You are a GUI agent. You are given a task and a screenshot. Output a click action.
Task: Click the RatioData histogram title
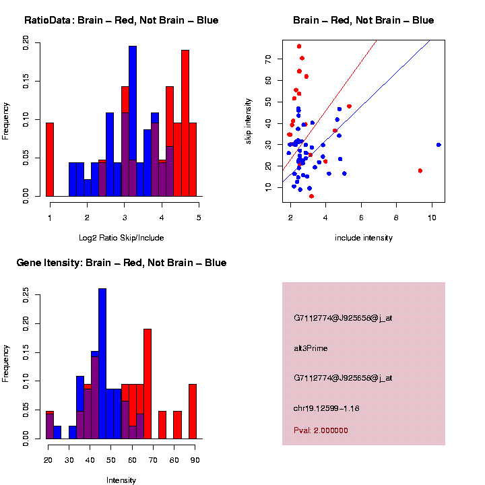pyautogui.click(x=121, y=21)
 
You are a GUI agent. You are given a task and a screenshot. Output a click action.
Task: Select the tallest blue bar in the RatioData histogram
pyautogui.click(x=133, y=121)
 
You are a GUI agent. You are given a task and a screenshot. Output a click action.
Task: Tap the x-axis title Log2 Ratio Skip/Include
pyautogui.click(x=121, y=238)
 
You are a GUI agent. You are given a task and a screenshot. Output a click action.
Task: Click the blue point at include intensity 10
pyautogui.click(x=439, y=145)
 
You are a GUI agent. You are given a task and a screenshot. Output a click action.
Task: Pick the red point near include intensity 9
pyautogui.click(x=420, y=171)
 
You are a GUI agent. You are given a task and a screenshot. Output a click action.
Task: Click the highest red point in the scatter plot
pyautogui.click(x=299, y=46)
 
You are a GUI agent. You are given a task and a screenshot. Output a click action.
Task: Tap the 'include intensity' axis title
pyautogui.click(x=364, y=238)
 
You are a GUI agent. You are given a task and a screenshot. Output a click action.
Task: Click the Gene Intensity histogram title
pyautogui.click(x=121, y=263)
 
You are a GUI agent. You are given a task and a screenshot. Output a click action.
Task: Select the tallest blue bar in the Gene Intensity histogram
pyautogui.click(x=102, y=364)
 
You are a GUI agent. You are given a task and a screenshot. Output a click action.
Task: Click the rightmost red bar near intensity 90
pyautogui.click(x=193, y=412)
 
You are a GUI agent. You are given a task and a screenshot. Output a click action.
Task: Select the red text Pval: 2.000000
pyautogui.click(x=321, y=430)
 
